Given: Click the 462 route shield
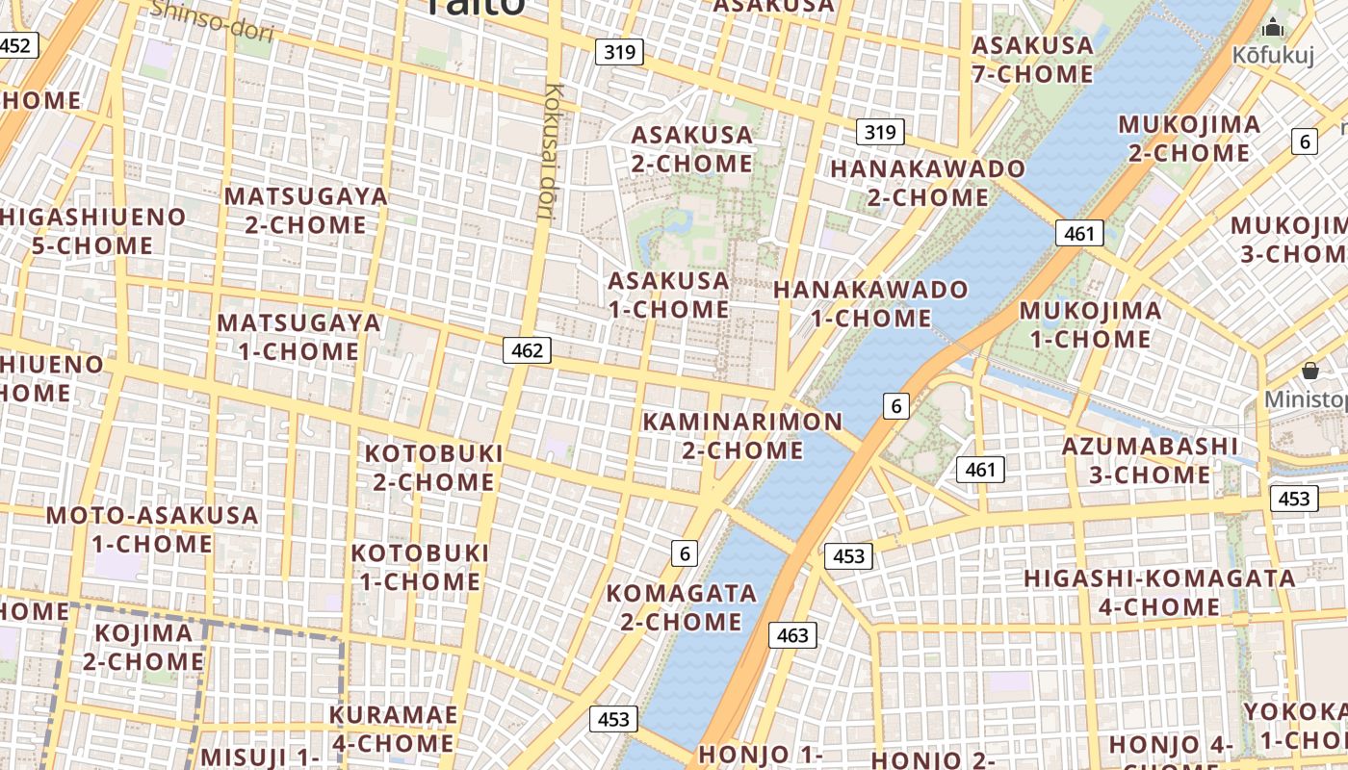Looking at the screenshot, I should [x=527, y=350].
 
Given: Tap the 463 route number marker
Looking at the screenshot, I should [x=792, y=635].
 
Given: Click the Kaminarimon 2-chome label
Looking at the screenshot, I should [x=742, y=435].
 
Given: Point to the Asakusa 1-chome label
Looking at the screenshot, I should [x=669, y=295].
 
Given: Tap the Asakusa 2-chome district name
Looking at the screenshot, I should [x=691, y=148].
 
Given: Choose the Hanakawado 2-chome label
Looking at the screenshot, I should [x=927, y=183].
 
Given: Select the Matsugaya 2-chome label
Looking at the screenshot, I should [x=306, y=210].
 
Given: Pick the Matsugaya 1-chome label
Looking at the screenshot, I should [x=298, y=336].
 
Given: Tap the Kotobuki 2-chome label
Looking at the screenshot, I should [x=434, y=467].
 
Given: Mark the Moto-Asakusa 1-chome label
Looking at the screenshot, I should [x=152, y=529].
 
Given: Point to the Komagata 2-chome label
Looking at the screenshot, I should [x=681, y=606].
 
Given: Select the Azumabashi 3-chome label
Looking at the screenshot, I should [x=1150, y=460].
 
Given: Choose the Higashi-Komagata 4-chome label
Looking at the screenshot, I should [x=1159, y=592].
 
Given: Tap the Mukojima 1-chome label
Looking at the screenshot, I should [x=1090, y=324].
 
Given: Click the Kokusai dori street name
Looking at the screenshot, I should [x=551, y=151].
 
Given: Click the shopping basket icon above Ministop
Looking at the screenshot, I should [x=1309, y=371].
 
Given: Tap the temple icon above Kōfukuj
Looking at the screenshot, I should [x=1274, y=28].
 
